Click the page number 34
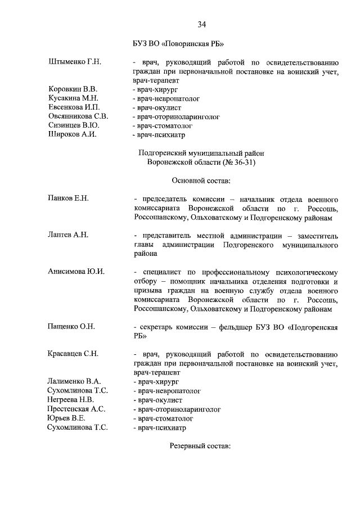tap(201, 24)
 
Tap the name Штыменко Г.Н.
tap(75, 62)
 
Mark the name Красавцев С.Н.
tap(74, 354)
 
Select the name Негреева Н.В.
tap(71, 399)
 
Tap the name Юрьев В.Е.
tap(66, 418)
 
